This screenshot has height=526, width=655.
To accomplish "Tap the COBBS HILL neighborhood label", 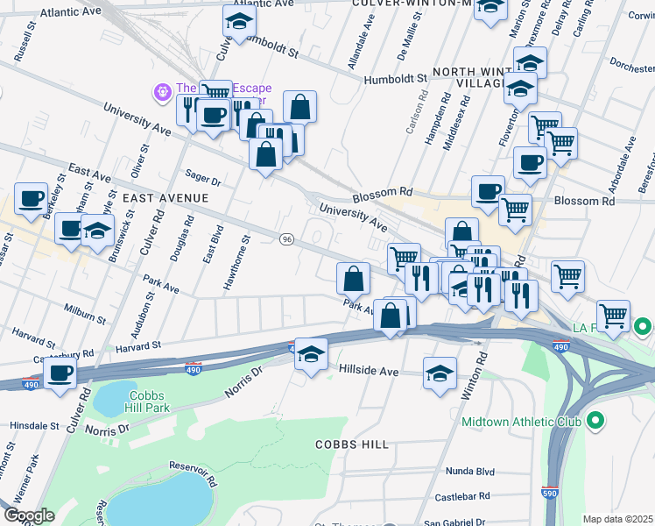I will pos(353,444).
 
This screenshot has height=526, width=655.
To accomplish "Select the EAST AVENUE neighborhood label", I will pos(166,198).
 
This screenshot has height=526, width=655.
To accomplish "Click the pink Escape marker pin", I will pos(162,90).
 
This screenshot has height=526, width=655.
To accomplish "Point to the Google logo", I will pos(29,515).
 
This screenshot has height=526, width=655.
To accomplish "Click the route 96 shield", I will pos(285,239).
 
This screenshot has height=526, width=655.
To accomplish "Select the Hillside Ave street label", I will pos(369,372).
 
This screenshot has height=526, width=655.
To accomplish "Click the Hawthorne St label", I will pos(237,262).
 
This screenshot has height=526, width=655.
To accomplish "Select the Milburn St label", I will pos(85,308).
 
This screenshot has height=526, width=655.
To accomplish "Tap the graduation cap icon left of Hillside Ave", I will pos(311,355).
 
